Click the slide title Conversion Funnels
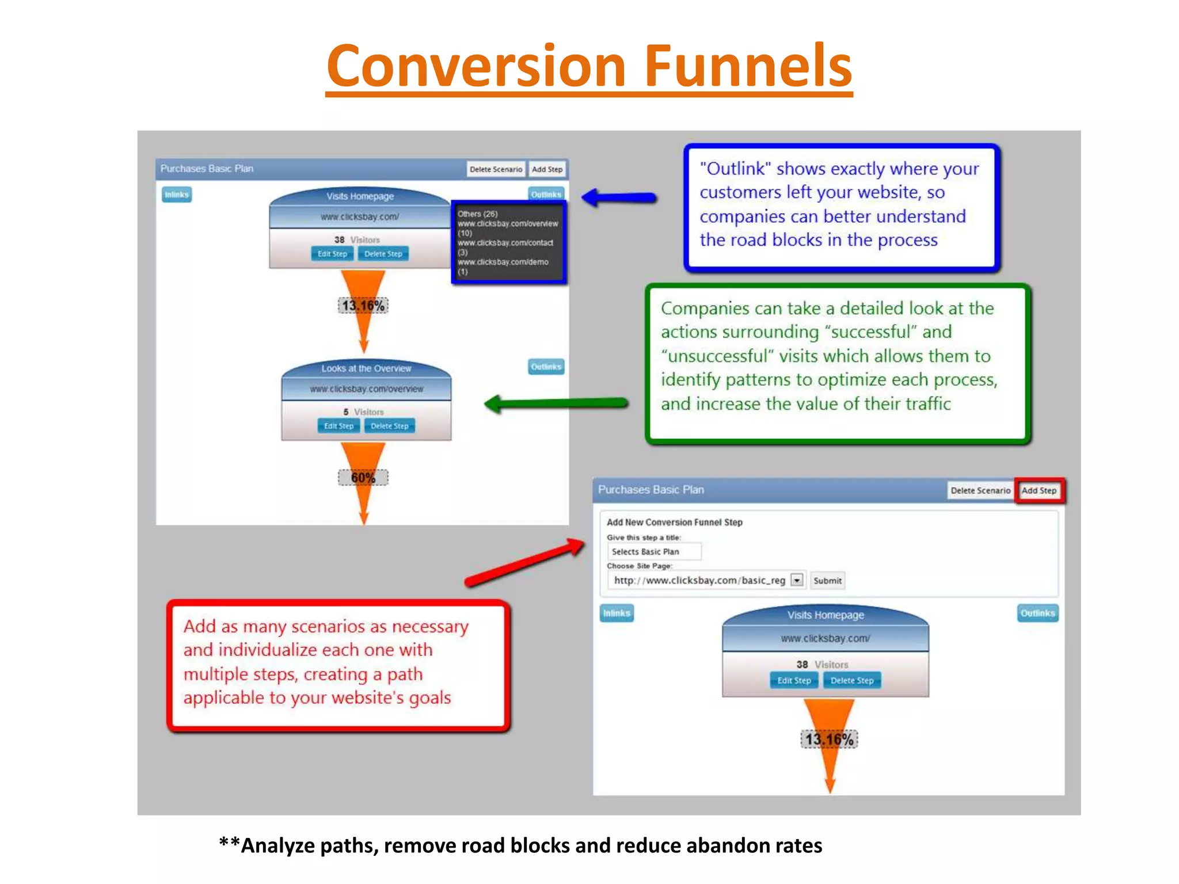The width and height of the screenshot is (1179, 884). click(589, 66)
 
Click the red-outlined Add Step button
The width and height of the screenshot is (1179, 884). click(1039, 490)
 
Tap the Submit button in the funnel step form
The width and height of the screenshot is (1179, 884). click(827, 581)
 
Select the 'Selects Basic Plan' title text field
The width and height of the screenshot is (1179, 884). click(654, 551)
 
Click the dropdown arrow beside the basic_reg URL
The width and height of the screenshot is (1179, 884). click(797, 580)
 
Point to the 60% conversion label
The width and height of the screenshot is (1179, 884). click(363, 478)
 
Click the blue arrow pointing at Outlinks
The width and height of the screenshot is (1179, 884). click(618, 198)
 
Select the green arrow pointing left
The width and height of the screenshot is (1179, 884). click(556, 403)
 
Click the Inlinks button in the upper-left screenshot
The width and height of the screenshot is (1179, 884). click(177, 195)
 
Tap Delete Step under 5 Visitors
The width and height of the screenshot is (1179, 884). click(390, 426)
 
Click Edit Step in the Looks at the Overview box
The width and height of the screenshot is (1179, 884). click(339, 426)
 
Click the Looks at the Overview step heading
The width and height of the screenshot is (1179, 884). click(366, 368)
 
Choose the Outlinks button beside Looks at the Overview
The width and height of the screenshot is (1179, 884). click(546, 367)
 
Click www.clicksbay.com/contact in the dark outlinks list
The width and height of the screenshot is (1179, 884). click(505, 243)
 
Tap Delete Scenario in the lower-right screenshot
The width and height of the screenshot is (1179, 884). click(980, 490)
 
